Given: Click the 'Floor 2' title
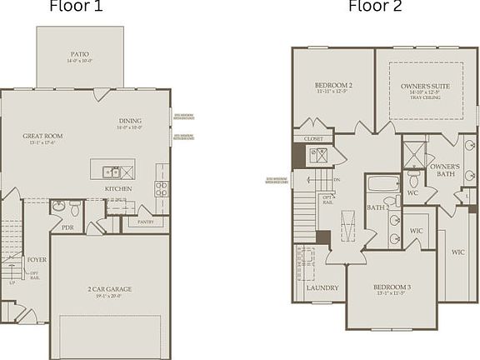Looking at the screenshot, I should click(x=374, y=7).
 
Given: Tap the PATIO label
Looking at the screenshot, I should click(x=81, y=56).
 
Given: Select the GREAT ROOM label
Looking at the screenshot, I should click(x=42, y=136).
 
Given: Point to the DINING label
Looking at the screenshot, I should click(x=129, y=120).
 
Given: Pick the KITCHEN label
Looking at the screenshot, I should click(x=118, y=189).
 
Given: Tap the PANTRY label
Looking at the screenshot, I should click(x=144, y=222).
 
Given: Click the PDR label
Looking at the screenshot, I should click(x=67, y=227).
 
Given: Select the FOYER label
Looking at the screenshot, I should click(x=37, y=259).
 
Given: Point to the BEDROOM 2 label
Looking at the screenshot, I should click(x=333, y=86).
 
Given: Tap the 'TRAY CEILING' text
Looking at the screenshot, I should click(x=426, y=98).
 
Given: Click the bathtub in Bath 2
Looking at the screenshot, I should click(x=384, y=185).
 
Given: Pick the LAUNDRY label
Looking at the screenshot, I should click(x=322, y=287).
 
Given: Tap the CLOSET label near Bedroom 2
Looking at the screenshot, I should click(x=313, y=139).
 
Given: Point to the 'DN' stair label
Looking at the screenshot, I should click(x=336, y=180).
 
